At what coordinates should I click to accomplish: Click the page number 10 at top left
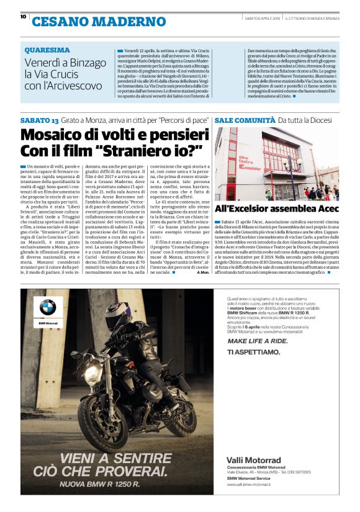pyautogui.click(x=23, y=17)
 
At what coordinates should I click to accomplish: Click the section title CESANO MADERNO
pyautogui.click(x=99, y=22)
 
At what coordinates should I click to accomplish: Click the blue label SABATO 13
pyautogui.click(x=39, y=119)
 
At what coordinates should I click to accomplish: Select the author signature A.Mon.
pyautogui.click(x=202, y=272)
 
